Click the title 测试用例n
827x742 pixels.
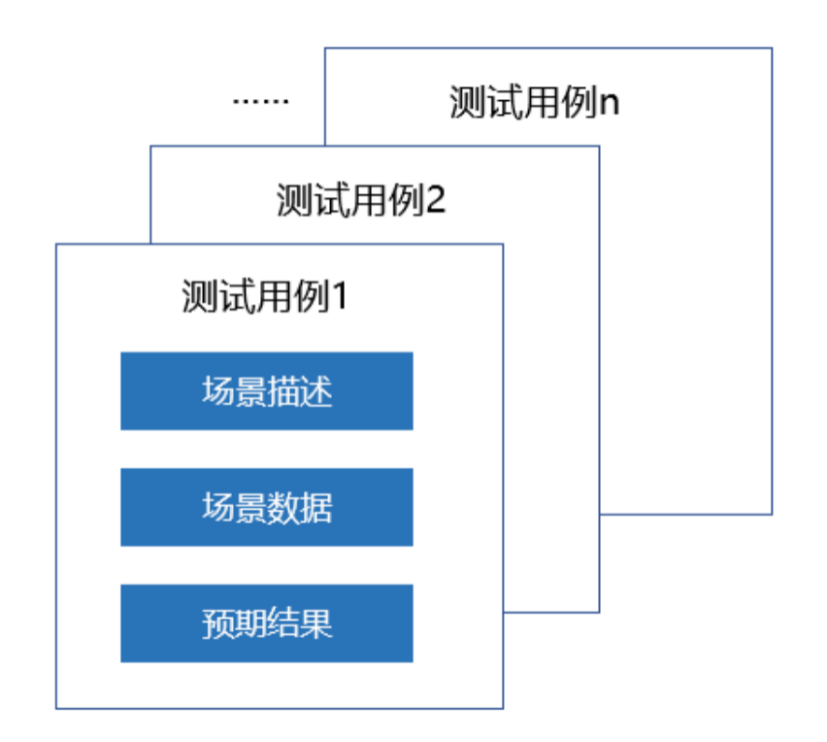coord(534,102)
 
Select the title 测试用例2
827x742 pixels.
coord(360,200)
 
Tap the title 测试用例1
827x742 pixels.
coord(264,297)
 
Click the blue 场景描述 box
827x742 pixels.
coord(266,390)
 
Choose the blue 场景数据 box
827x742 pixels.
coord(266,507)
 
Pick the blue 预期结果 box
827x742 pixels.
coord(266,623)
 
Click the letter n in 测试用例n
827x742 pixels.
coord(609,103)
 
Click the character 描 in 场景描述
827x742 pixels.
coord(283,391)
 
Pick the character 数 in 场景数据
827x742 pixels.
coord(283,507)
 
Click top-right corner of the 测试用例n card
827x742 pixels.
coord(772,48)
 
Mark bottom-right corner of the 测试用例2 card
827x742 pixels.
coord(599,612)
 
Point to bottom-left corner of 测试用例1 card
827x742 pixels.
coord(56,708)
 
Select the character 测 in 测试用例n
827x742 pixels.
coord(465,102)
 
